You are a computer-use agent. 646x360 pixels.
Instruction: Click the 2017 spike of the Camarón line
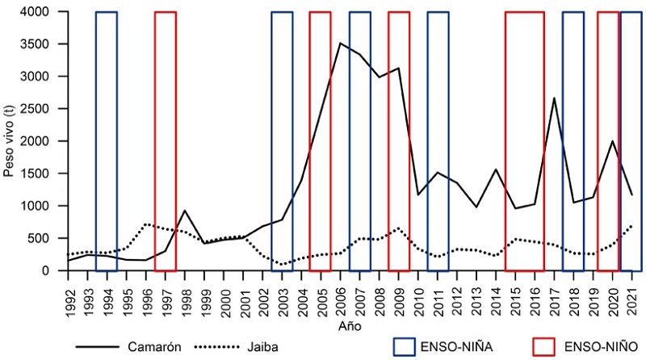(x=554, y=98)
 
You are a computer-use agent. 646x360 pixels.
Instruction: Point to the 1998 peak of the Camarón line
(x=184, y=211)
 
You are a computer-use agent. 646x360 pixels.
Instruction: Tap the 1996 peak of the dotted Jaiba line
(x=145, y=224)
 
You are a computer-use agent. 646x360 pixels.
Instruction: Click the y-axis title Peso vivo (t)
(x=9, y=141)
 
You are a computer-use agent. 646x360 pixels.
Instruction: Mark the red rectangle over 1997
(x=165, y=141)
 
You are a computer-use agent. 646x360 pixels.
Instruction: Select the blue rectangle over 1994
(x=107, y=141)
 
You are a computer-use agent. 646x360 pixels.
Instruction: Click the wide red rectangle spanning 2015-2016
(x=524, y=141)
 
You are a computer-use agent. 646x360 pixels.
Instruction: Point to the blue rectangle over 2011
(x=438, y=141)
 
